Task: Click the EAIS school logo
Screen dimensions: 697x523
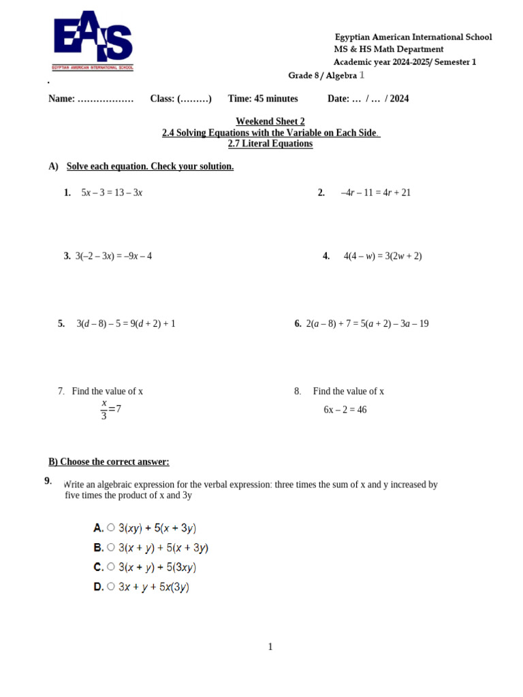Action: (93, 40)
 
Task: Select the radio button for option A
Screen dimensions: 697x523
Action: (111, 528)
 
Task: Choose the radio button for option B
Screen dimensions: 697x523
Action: (111, 547)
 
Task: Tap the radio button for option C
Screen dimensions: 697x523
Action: (111, 567)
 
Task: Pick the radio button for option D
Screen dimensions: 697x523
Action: (111, 587)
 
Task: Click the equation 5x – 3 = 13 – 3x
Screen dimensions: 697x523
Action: (112, 193)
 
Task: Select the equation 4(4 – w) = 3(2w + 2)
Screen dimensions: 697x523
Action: (382, 256)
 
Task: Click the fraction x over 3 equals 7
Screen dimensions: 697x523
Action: (110, 409)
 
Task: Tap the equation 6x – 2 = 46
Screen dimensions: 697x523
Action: (345, 410)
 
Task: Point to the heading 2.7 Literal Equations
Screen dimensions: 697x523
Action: (270, 144)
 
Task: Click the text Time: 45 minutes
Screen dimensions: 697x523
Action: (263, 99)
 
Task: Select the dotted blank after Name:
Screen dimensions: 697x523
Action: (106, 99)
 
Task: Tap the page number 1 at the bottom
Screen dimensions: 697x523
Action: (270, 647)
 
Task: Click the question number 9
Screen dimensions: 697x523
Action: (48, 481)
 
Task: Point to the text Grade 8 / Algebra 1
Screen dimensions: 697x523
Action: (326, 76)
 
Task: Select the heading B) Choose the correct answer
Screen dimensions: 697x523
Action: (109, 461)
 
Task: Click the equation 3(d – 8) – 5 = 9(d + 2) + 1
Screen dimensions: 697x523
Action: (126, 324)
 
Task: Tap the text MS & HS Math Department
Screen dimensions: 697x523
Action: (388, 50)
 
